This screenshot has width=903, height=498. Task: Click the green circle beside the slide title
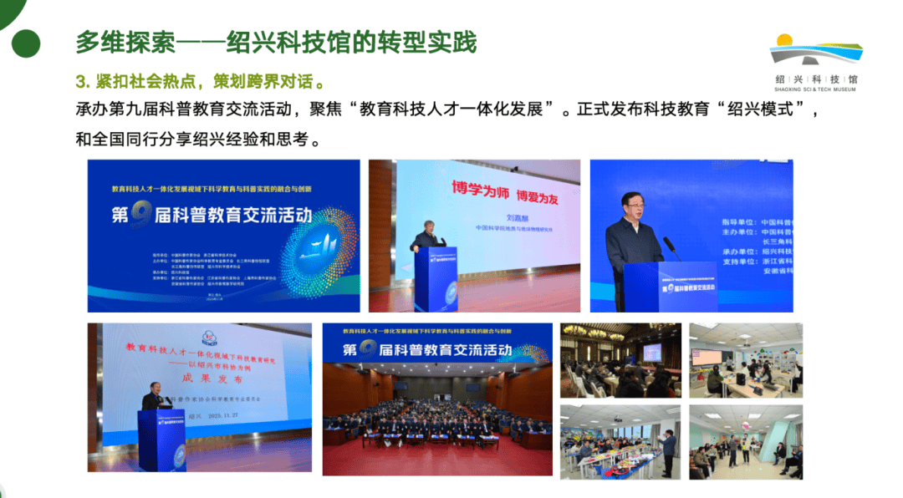(x=26, y=43)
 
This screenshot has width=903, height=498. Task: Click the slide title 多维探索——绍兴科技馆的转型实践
(x=276, y=42)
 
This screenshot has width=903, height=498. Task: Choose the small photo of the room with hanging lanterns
(x=620, y=359)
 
